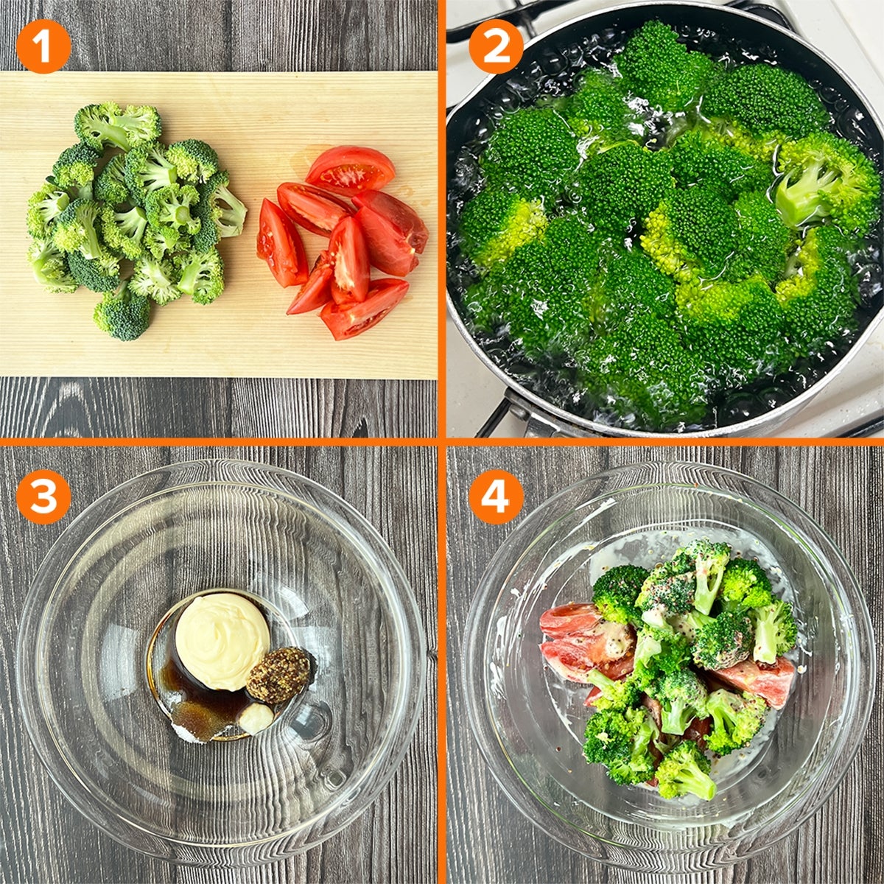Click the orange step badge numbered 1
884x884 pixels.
tap(43, 46)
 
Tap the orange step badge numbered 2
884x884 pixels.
tap(496, 46)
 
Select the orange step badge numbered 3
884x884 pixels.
tap(43, 497)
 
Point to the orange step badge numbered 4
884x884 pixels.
tap(496, 497)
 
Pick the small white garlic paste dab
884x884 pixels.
tap(256, 718)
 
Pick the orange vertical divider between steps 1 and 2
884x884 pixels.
tap(442, 219)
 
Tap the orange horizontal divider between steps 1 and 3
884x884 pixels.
tap(219, 442)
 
